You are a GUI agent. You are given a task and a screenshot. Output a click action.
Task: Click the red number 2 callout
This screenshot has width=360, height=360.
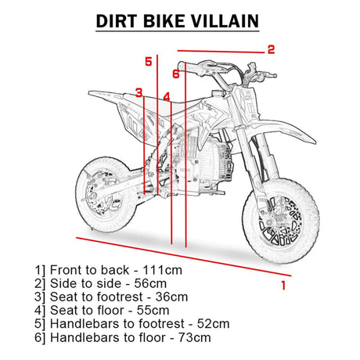[x=272, y=49]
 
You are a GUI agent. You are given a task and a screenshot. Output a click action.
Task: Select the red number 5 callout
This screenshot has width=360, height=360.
[x=149, y=62]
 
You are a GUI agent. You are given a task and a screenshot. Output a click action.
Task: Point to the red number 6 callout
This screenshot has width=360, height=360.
[x=176, y=74]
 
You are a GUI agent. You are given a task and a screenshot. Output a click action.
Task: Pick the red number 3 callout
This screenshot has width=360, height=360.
[x=139, y=92]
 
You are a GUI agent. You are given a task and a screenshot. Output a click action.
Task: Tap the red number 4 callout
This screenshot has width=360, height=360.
[x=167, y=97]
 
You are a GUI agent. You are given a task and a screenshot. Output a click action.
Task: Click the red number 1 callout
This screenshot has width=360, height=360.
[x=283, y=286]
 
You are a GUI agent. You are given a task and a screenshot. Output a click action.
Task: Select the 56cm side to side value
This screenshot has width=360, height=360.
[x=150, y=283]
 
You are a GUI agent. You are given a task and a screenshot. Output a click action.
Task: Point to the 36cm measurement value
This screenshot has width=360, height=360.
[x=171, y=297]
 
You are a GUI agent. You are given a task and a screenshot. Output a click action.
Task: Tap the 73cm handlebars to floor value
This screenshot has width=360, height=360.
[x=195, y=337]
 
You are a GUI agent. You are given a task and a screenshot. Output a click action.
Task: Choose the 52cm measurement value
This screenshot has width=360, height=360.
[x=214, y=324]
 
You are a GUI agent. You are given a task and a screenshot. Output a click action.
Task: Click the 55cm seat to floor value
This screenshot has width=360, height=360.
[x=153, y=311]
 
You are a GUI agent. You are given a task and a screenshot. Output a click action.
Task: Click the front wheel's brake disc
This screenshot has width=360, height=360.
[x=280, y=221]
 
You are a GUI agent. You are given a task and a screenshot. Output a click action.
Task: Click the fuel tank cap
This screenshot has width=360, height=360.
[x=218, y=93]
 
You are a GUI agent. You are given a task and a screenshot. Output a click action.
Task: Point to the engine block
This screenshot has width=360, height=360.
[x=201, y=162]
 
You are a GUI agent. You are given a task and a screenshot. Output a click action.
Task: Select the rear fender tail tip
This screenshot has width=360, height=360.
[x=90, y=92]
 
